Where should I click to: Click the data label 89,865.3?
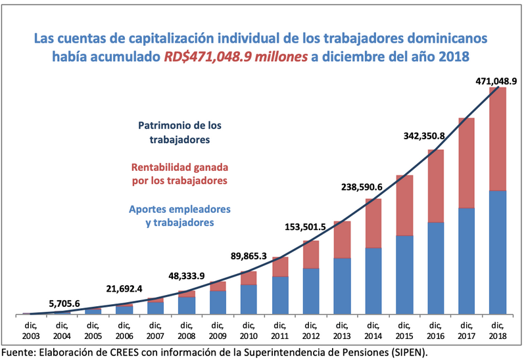point(243,256)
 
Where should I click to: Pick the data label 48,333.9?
point(183,276)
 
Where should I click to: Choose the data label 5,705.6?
point(64,303)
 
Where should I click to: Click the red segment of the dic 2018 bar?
point(497,138)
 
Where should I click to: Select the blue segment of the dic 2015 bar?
point(404,274)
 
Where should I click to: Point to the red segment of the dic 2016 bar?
point(435,186)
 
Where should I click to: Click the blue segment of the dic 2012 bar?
point(311,290)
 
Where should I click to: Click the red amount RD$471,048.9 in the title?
point(235,56)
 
